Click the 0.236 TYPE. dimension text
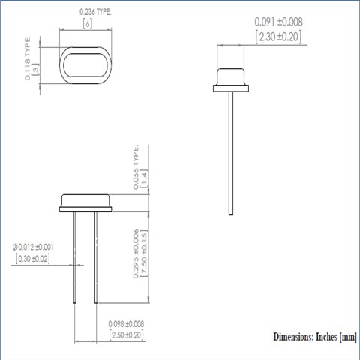pyautogui.click(x=95, y=13)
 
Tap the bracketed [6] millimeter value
pyautogui.click(x=88, y=24)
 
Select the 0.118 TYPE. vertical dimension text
pyautogui.click(x=28, y=58)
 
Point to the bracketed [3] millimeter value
pyautogui.click(x=36, y=69)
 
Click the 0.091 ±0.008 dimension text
pyautogui.click(x=278, y=22)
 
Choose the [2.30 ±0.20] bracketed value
pyautogui.click(x=278, y=37)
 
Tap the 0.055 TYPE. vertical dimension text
pyautogui.click(x=136, y=168)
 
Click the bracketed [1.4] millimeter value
pyautogui.click(x=145, y=179)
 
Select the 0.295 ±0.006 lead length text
pyautogui.click(x=136, y=253)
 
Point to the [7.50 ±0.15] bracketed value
pyautogui.click(x=144, y=253)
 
